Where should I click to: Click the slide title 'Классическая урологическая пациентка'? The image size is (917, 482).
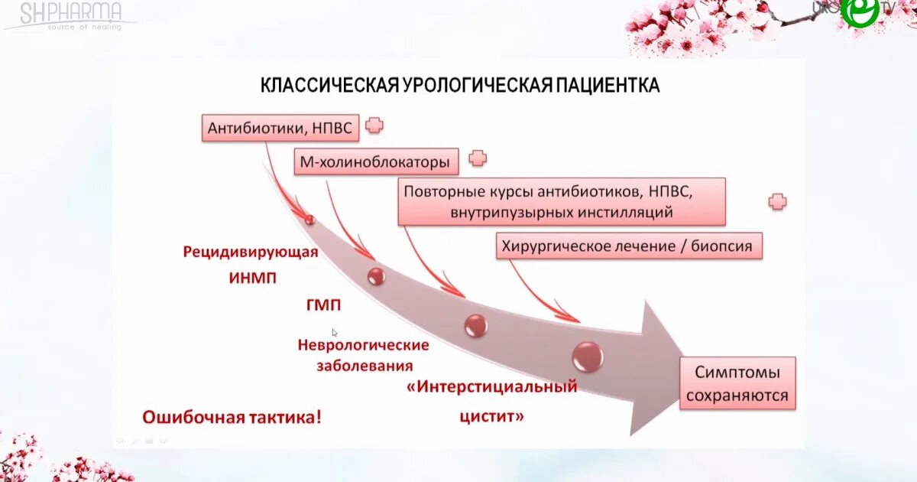pyautogui.click(x=460, y=85)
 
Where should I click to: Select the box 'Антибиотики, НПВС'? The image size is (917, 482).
pyautogui.click(x=280, y=128)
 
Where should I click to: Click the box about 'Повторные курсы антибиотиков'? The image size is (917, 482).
pyautogui.click(x=561, y=201)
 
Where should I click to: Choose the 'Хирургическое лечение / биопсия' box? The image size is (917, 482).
pyautogui.click(x=630, y=246)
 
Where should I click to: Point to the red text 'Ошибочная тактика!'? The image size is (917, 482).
pyautogui.click(x=232, y=417)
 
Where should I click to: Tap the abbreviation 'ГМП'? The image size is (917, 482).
pyautogui.click(x=324, y=306)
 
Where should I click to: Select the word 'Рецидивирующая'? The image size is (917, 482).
pyautogui.click(x=251, y=252)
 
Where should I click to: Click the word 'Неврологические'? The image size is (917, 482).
pyautogui.click(x=363, y=345)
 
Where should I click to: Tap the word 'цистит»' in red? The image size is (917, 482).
pyautogui.click(x=492, y=417)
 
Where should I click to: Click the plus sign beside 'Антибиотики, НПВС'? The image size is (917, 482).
pyautogui.click(x=374, y=125)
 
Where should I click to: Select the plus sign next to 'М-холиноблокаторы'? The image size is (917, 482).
pyautogui.click(x=478, y=159)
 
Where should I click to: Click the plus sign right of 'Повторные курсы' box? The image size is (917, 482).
pyautogui.click(x=777, y=202)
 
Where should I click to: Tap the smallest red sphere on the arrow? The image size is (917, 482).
pyautogui.click(x=309, y=220)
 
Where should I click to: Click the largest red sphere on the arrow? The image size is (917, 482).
pyautogui.click(x=588, y=356)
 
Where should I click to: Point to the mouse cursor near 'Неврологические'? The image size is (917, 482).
pyautogui.click(x=335, y=333)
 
